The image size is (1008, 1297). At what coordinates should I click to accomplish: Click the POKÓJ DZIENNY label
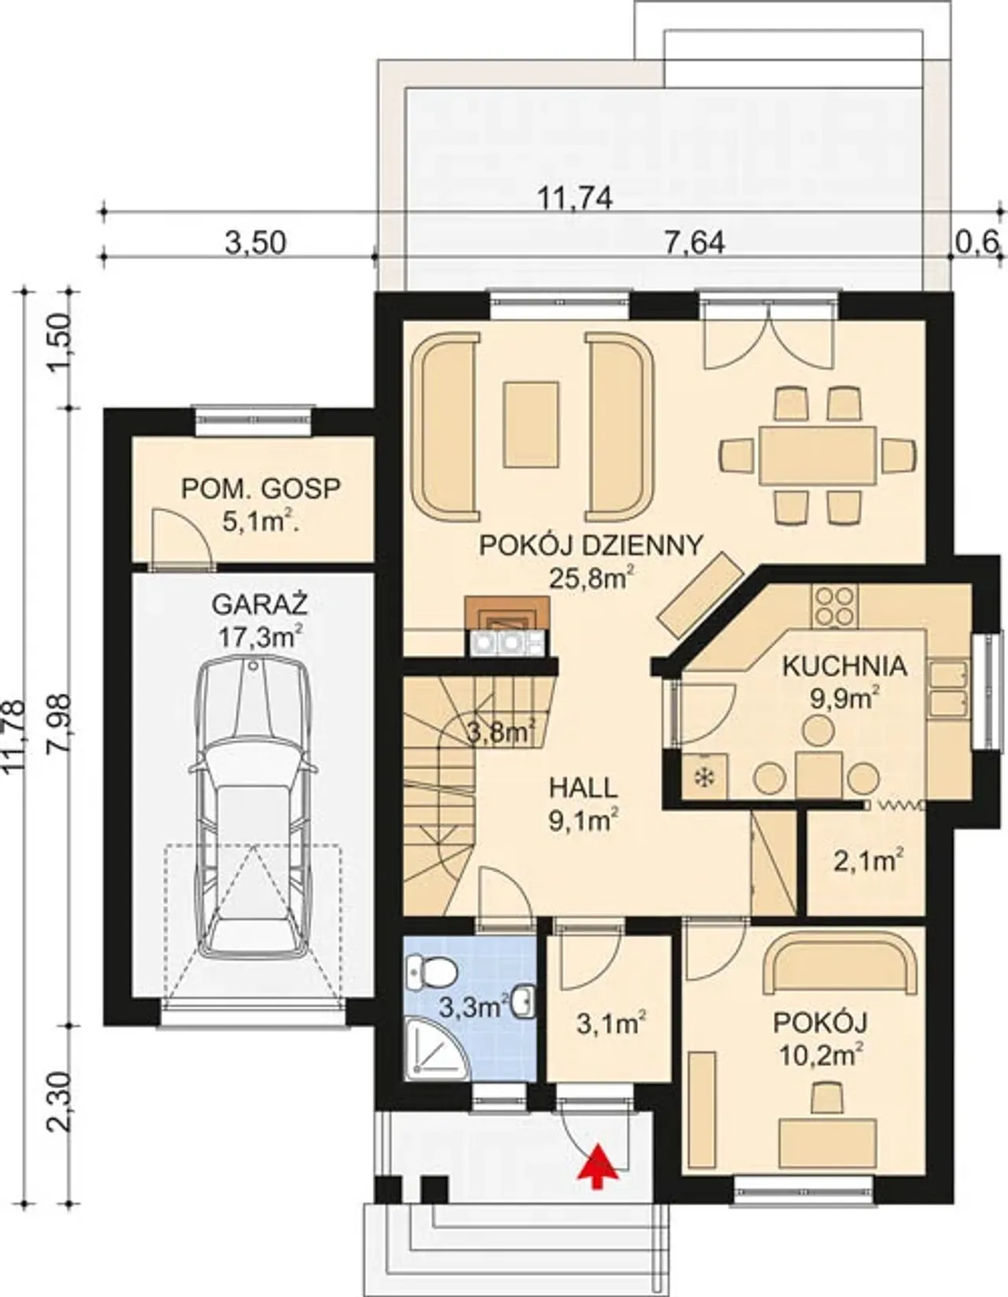point(591,545)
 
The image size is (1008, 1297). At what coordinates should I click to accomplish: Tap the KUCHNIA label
point(844,666)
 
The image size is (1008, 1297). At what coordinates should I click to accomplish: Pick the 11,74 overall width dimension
point(575,199)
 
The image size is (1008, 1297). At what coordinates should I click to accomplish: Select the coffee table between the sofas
point(531,425)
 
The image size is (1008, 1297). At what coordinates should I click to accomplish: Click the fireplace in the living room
point(508,626)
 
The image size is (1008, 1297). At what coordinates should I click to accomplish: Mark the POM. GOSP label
point(261,489)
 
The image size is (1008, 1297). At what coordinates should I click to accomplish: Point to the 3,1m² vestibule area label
point(613,1025)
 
